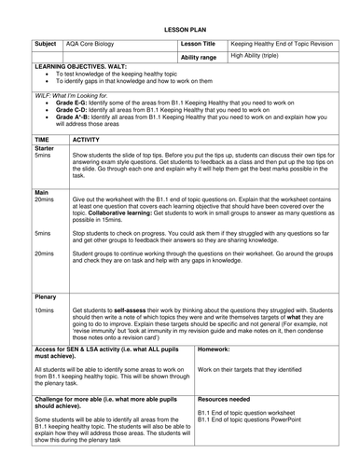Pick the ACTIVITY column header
[90, 138]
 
